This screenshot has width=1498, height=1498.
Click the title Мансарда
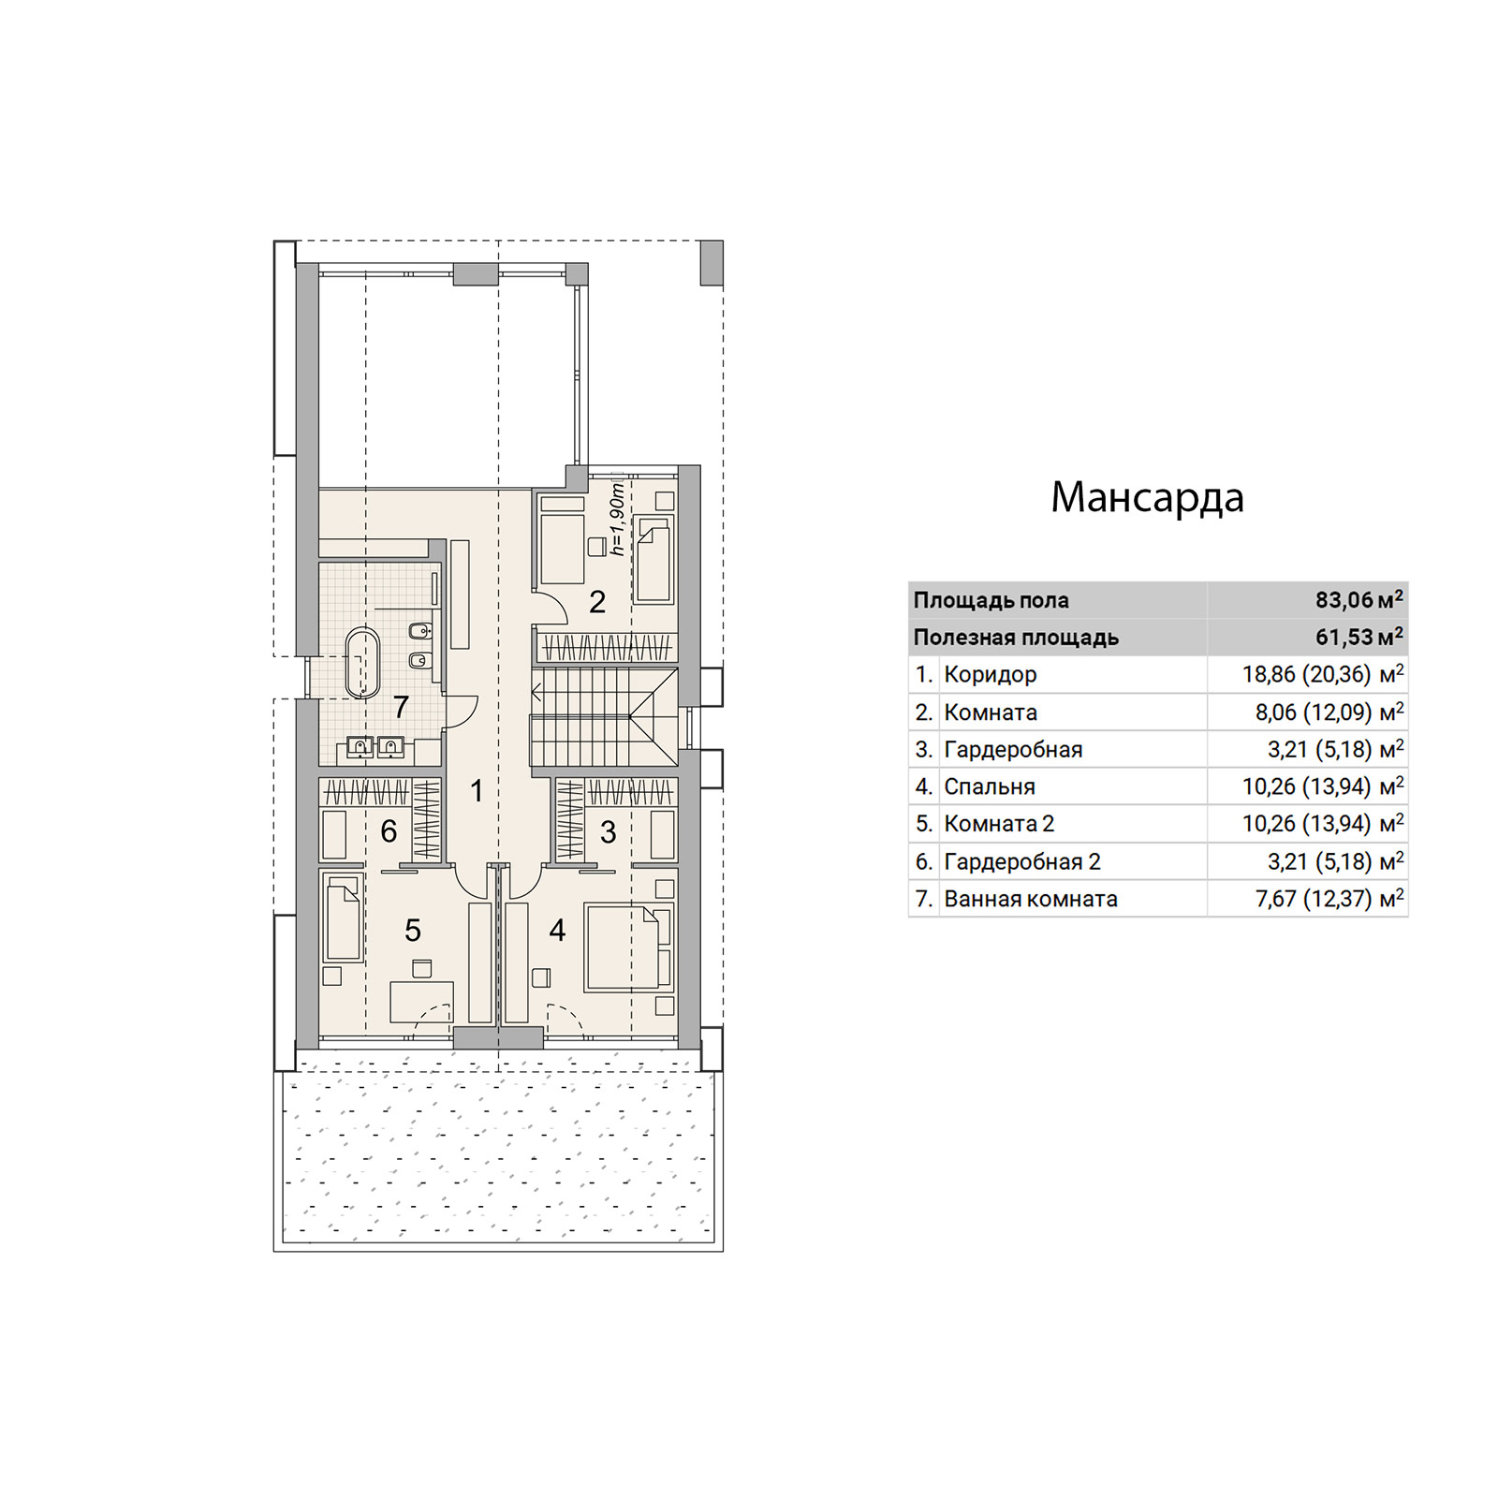tap(1147, 497)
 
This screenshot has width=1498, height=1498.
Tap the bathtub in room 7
tap(362, 663)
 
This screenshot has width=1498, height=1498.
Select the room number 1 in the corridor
tap(477, 791)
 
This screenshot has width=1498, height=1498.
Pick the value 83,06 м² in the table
tap(1358, 599)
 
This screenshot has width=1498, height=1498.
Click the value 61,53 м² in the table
tap(1358, 637)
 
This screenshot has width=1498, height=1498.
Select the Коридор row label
tap(991, 674)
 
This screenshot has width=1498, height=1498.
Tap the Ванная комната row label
tap(1031, 899)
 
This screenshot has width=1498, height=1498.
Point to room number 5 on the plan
tap(413, 930)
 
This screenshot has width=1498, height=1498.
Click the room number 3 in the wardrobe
tap(609, 831)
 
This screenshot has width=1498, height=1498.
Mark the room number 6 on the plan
tap(389, 830)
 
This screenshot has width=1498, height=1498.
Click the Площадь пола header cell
tap(991, 600)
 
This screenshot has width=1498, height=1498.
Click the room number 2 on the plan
tap(597, 602)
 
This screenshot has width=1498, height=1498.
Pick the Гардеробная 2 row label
tap(1022, 861)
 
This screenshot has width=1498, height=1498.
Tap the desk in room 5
tap(421, 1002)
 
